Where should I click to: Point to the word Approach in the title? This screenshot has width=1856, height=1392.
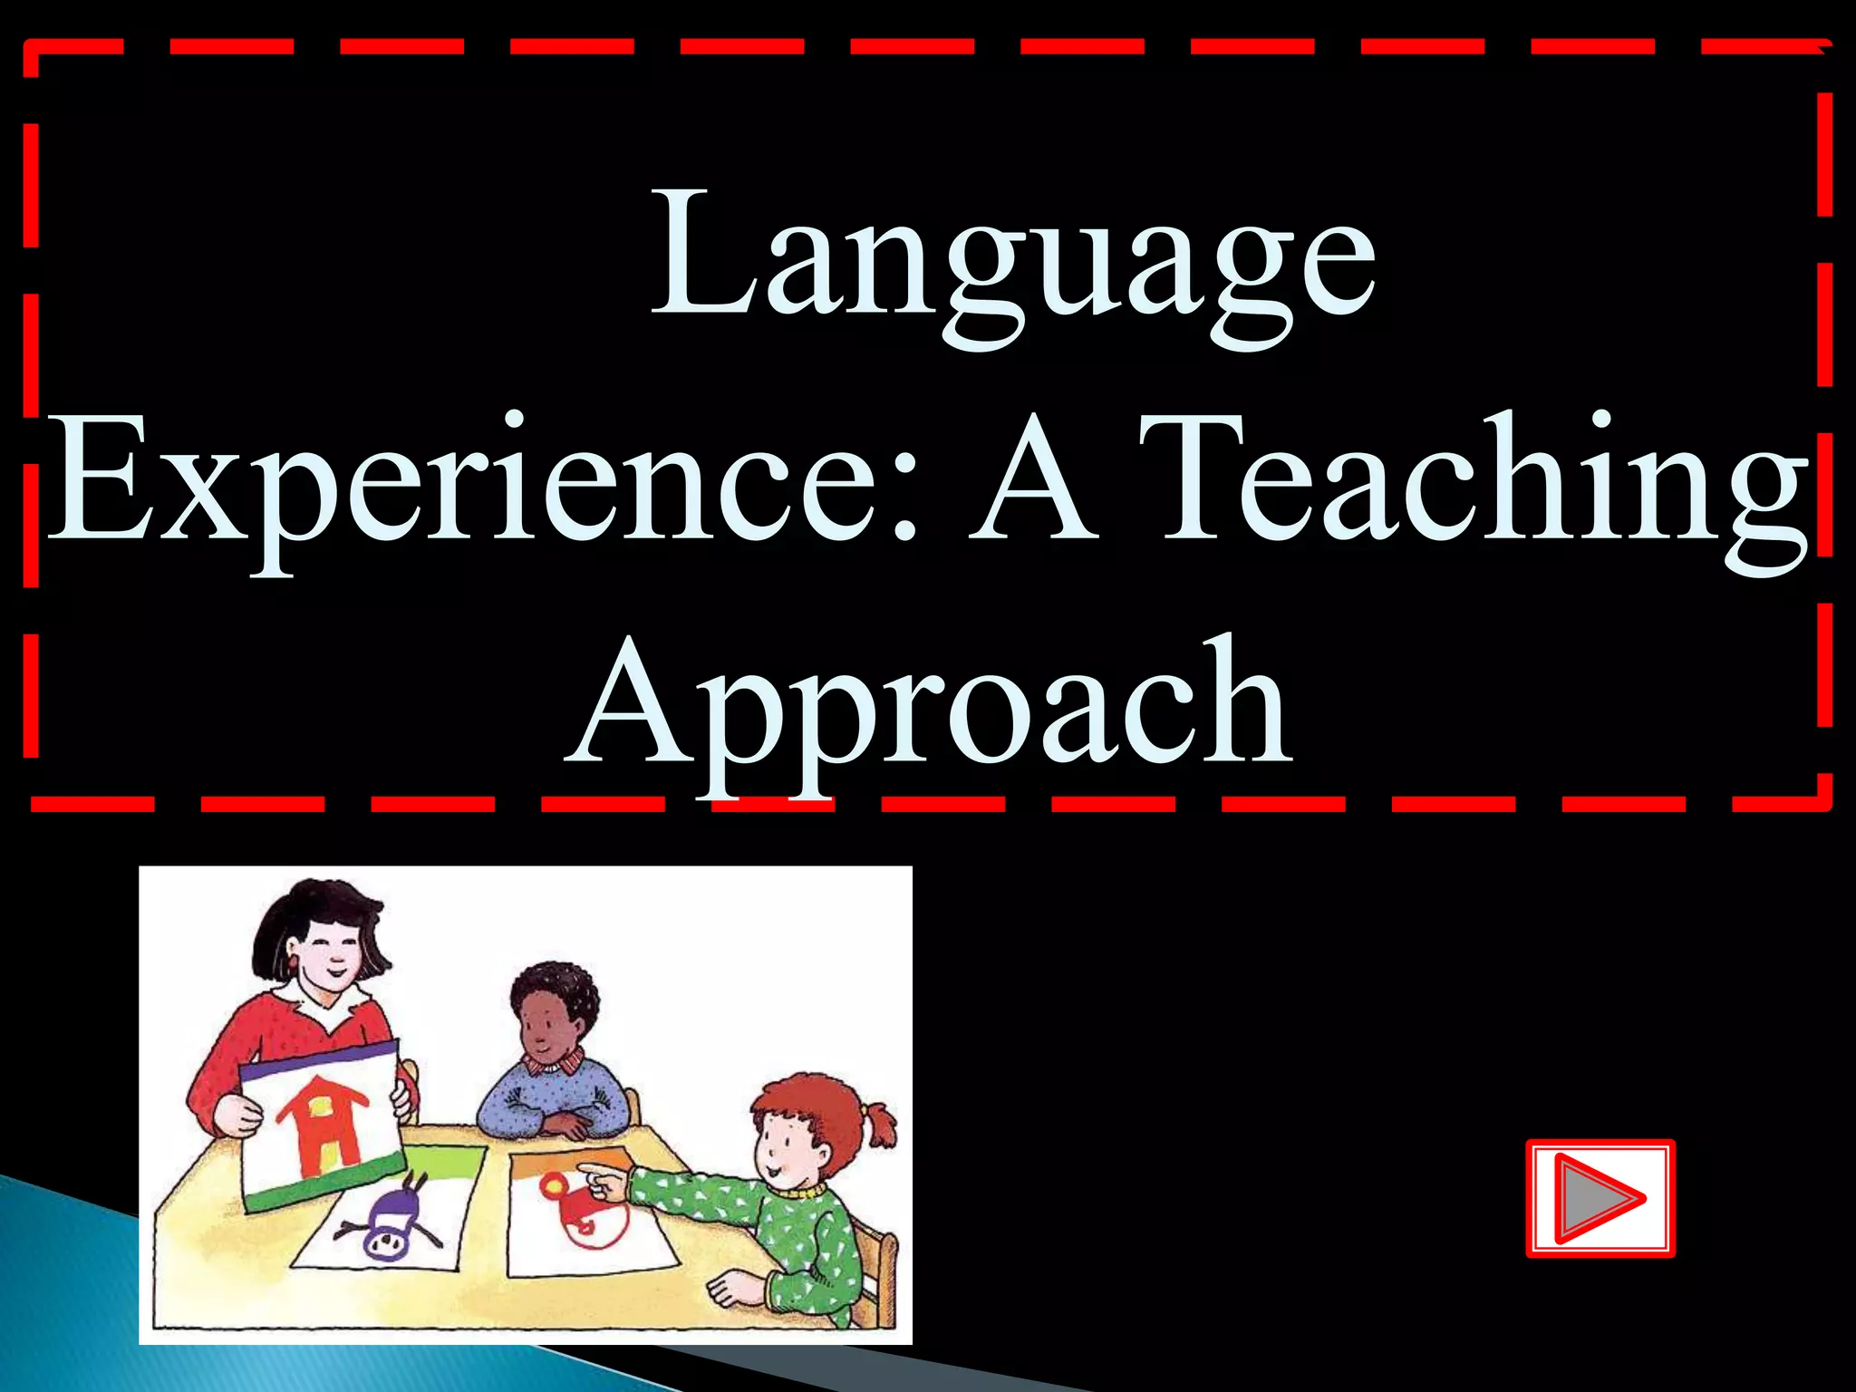point(929,707)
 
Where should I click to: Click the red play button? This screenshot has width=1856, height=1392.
point(1600,1198)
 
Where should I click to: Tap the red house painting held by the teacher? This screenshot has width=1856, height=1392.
point(322,1124)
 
